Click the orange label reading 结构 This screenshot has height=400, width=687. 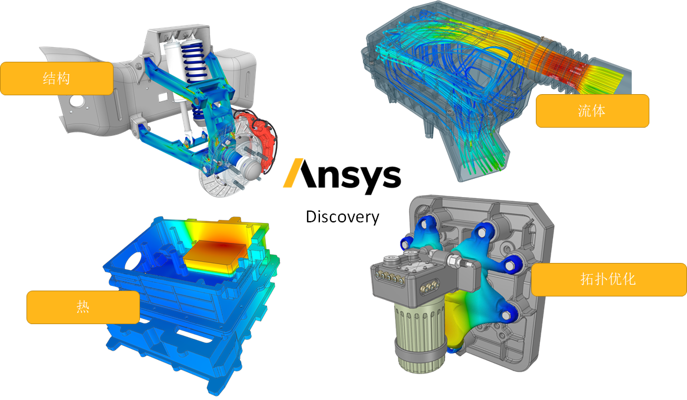coord(56,78)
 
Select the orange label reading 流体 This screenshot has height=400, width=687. coord(592,111)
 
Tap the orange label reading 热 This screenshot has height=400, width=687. coord(83,307)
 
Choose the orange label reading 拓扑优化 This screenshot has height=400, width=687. coord(608,279)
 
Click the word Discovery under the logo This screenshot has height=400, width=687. coord(342,217)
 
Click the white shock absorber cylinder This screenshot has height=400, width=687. coord(174,65)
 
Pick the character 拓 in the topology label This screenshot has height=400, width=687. coord(587,279)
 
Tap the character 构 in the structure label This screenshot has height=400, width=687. coord(64,78)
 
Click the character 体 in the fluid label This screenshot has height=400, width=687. coord(599,111)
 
